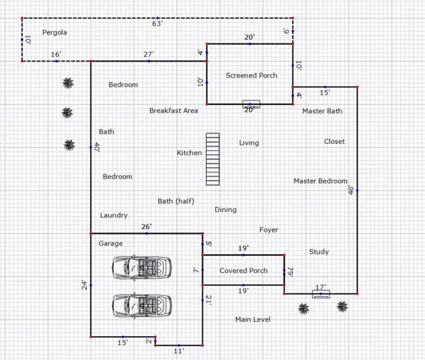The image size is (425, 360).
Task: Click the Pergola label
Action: click(x=55, y=32)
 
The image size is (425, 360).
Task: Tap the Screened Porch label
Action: click(x=252, y=76)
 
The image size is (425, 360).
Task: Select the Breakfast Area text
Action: click(x=173, y=111)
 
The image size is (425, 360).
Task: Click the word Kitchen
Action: click(x=189, y=153)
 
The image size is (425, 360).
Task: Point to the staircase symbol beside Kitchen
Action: click(x=213, y=159)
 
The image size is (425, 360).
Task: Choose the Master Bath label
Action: click(x=322, y=111)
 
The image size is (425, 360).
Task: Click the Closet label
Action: click(x=334, y=141)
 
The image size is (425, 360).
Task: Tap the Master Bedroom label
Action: click(x=320, y=181)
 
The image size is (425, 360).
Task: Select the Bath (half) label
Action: click(x=176, y=201)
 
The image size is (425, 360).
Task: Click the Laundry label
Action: click(x=114, y=215)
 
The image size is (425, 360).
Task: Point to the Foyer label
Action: click(x=268, y=230)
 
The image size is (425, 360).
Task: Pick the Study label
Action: click(x=319, y=252)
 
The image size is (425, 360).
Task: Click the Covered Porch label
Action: click(x=244, y=271)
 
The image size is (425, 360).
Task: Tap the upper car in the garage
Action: click(x=142, y=267)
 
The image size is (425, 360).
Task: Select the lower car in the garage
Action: click(x=142, y=305)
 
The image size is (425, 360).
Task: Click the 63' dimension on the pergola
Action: click(x=157, y=24)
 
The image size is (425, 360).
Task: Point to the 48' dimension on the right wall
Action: click(x=351, y=190)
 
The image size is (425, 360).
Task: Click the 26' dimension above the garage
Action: click(x=147, y=226)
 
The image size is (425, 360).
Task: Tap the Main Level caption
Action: click(x=253, y=319)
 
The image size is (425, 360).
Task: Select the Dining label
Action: click(x=226, y=210)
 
